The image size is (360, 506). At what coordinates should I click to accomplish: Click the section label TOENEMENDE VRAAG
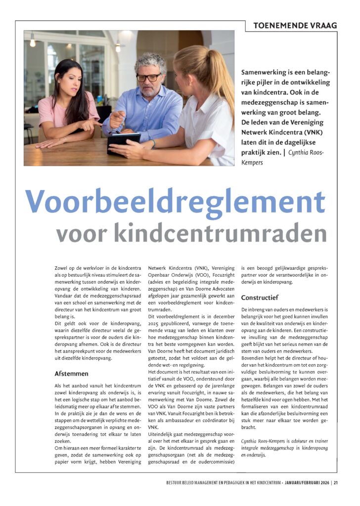click(x=295, y=25)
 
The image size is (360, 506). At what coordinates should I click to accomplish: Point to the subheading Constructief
click(x=260, y=297)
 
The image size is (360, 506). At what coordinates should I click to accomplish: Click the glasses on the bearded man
click(x=149, y=78)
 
